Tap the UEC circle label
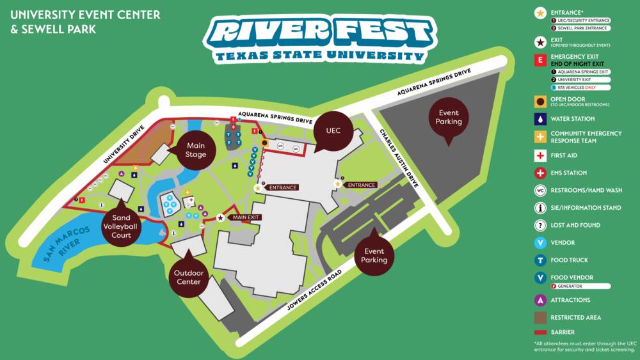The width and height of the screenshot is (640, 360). (333, 131)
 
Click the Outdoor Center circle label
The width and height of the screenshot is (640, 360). (189, 277)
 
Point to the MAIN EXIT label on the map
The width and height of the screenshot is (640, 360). (246, 217)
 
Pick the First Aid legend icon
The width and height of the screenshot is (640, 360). (541, 155)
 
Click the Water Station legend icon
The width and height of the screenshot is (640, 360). (541, 119)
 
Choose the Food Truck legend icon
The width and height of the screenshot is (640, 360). (541, 260)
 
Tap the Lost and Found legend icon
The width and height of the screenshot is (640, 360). (541, 225)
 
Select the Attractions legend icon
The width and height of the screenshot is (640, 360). (541, 300)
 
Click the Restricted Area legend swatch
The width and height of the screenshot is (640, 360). (541, 317)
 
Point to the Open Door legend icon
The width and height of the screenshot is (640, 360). (541, 102)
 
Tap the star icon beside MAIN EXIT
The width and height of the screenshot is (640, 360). (221, 217)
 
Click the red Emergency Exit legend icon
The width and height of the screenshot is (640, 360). (541, 60)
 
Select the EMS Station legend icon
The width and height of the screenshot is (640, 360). (541, 173)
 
